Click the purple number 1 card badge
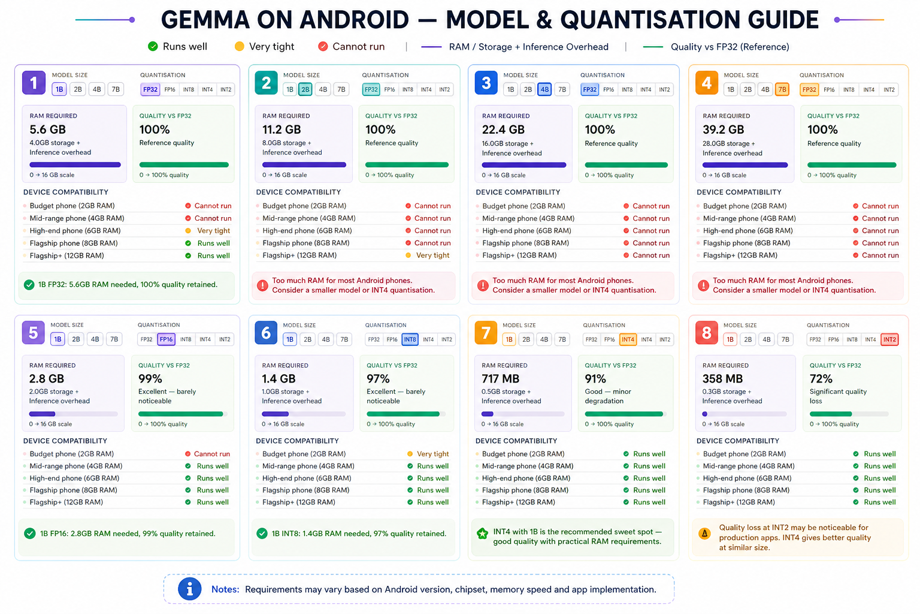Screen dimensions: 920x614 coord(34,83)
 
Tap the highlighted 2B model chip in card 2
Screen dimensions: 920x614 coord(305,89)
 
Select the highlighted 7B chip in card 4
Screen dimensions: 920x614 coord(782,90)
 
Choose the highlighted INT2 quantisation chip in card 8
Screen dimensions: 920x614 coord(889,339)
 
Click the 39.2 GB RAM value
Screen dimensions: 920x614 coord(724,130)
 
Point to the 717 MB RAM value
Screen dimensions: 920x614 coord(500,378)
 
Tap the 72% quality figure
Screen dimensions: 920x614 coord(821,378)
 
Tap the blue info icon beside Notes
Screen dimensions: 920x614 coord(189,589)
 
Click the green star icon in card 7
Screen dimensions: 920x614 coord(483,534)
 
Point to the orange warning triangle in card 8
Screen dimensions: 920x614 coord(704,534)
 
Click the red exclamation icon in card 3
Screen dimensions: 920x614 coord(483,285)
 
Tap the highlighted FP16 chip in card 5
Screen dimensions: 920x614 coord(167,339)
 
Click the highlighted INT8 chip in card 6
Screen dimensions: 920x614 coord(410,339)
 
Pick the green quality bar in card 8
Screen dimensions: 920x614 coord(831,414)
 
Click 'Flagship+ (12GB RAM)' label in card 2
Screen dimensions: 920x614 coord(299,255)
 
